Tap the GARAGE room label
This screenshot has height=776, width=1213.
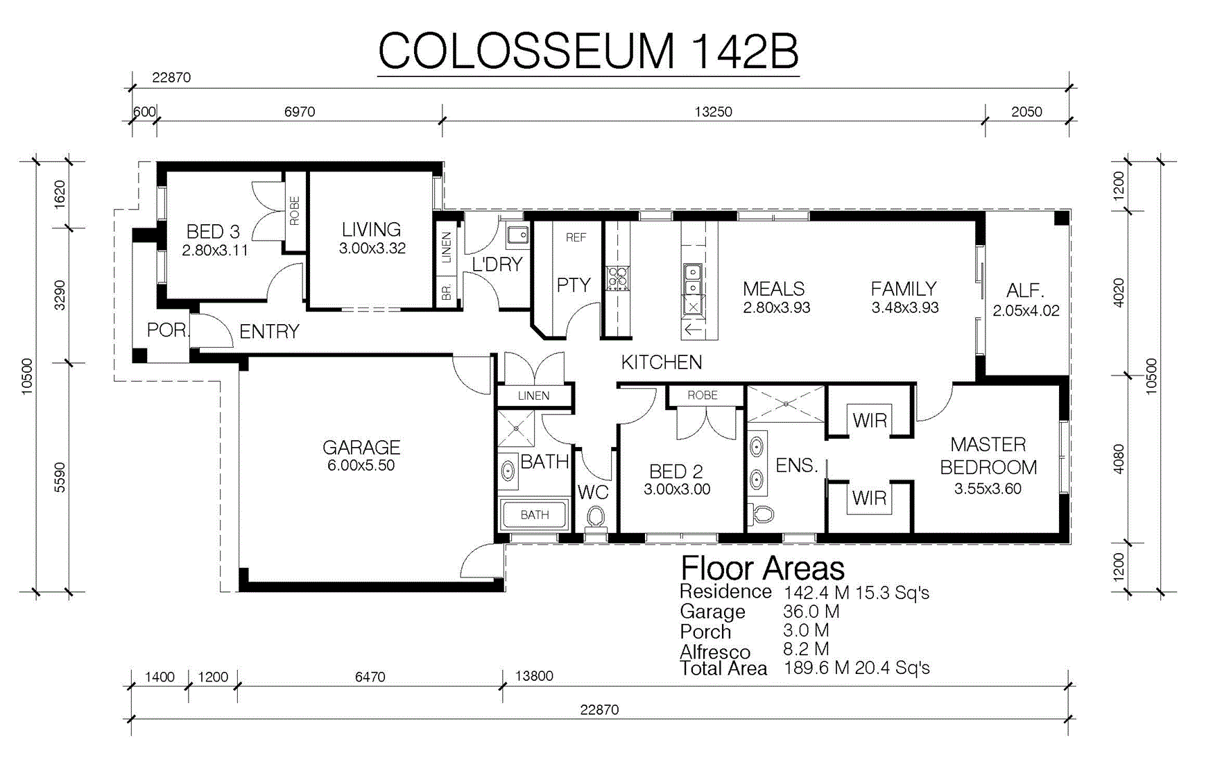(x=361, y=447)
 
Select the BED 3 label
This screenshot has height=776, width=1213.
(x=213, y=231)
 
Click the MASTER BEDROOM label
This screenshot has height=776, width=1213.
(x=988, y=456)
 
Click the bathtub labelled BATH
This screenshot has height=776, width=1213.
(x=533, y=514)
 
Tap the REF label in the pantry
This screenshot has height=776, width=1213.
(x=576, y=237)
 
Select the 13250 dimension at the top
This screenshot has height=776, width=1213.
(x=713, y=112)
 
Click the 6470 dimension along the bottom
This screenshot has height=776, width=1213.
(x=370, y=677)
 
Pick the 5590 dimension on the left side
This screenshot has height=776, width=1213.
(x=60, y=478)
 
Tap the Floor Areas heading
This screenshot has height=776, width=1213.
(x=762, y=568)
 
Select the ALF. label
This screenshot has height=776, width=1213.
(x=1025, y=290)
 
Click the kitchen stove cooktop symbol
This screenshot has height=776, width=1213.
(x=617, y=278)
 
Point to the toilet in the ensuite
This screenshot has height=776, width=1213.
(x=762, y=514)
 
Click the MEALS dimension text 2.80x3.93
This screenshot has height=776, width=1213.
(x=776, y=307)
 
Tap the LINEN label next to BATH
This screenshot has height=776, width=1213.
(x=533, y=396)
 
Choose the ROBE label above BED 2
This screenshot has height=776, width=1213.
(x=702, y=395)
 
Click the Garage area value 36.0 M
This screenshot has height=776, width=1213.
(x=811, y=611)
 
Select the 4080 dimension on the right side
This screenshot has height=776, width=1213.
(x=1119, y=459)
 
